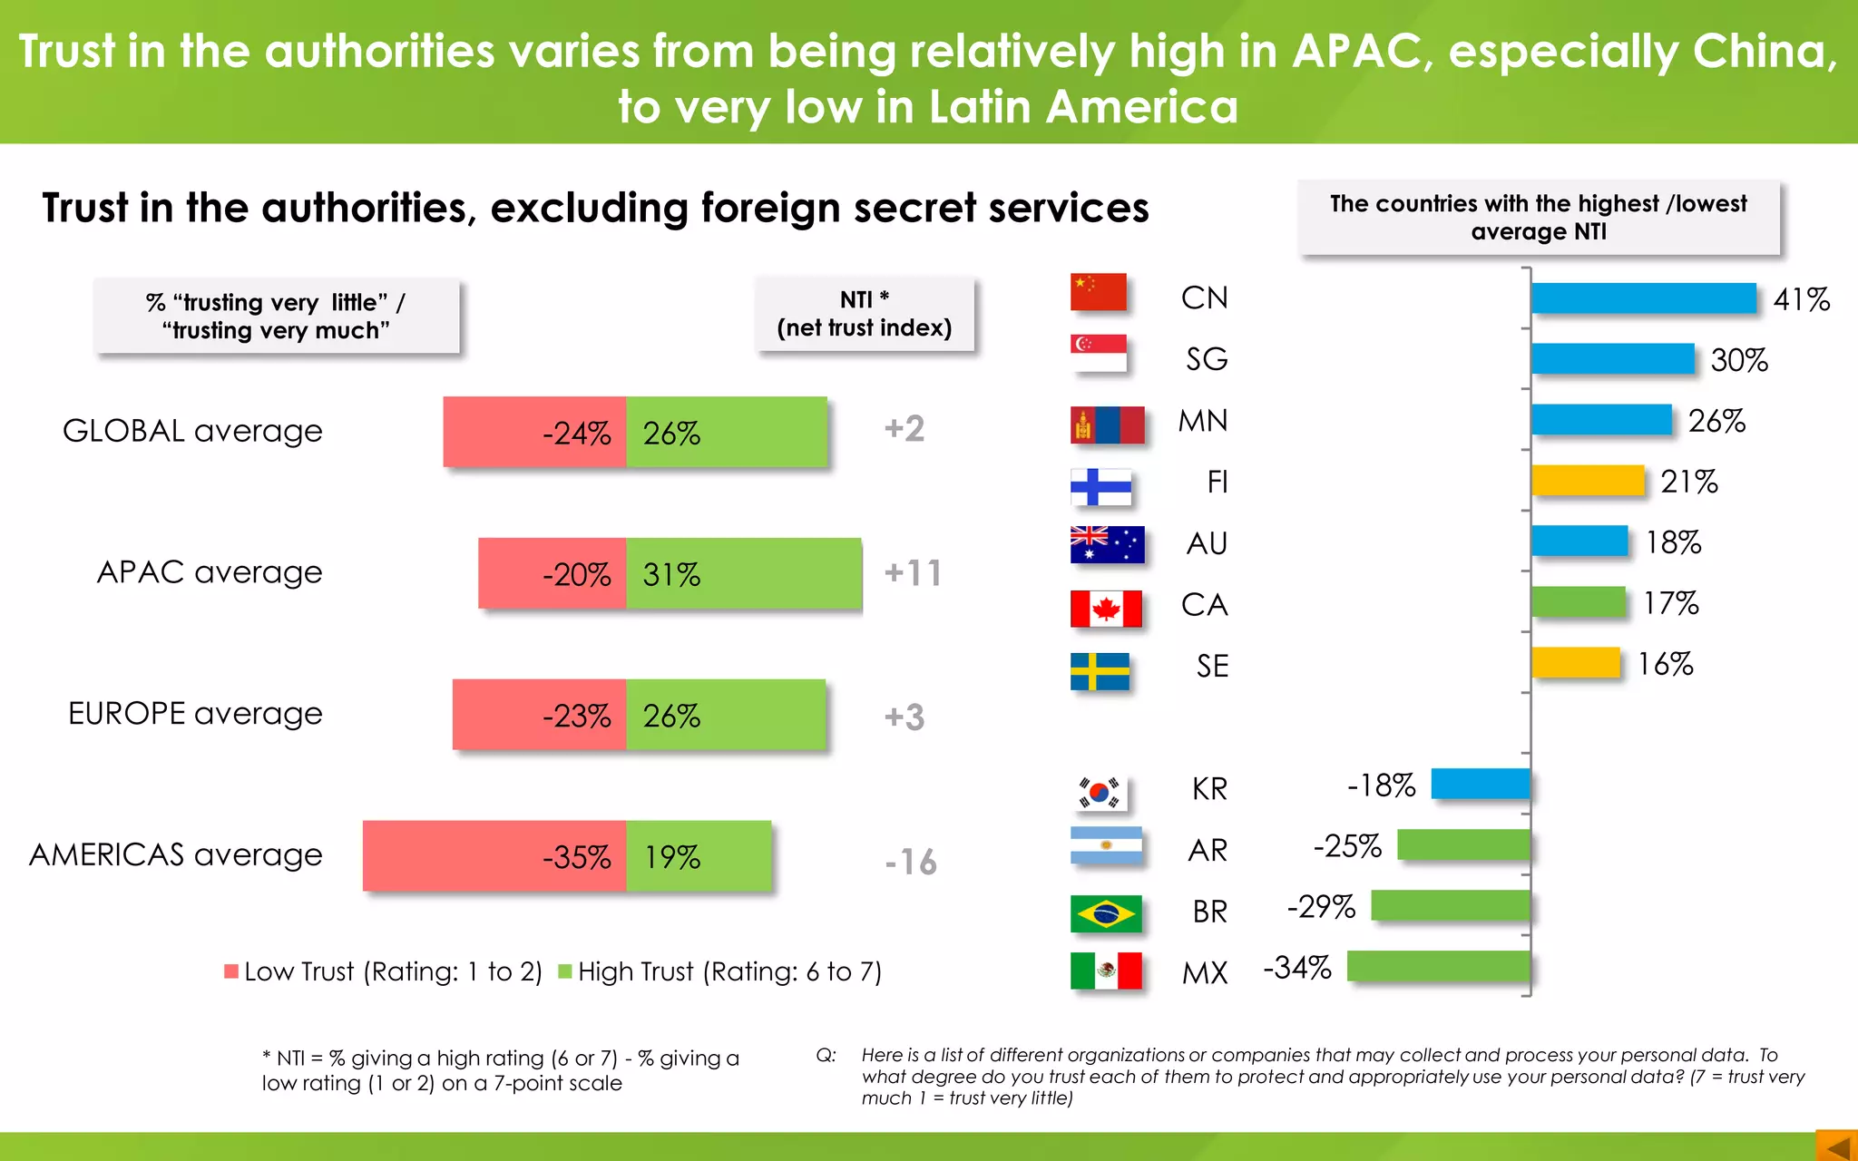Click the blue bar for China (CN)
tap(1643, 298)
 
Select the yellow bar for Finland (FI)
tap(1588, 481)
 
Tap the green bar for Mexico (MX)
tap(1438, 966)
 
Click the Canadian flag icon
tap(1106, 609)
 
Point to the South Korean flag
tap(1100, 793)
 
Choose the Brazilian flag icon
tap(1105, 913)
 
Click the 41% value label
tap(1801, 299)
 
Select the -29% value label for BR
tap(1321, 906)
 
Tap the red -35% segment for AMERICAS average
tap(494, 856)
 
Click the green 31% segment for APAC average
tap(744, 573)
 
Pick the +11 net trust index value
tap(913, 573)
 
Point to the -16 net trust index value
tap(911, 862)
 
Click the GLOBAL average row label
tap(192, 431)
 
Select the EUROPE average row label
tap(195, 714)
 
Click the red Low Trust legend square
tap(231, 971)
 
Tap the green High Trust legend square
tap(565, 971)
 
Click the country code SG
tap(1206, 359)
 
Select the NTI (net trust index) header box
tap(865, 314)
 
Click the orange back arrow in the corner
tap(1837, 1146)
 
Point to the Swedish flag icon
tap(1100, 671)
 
